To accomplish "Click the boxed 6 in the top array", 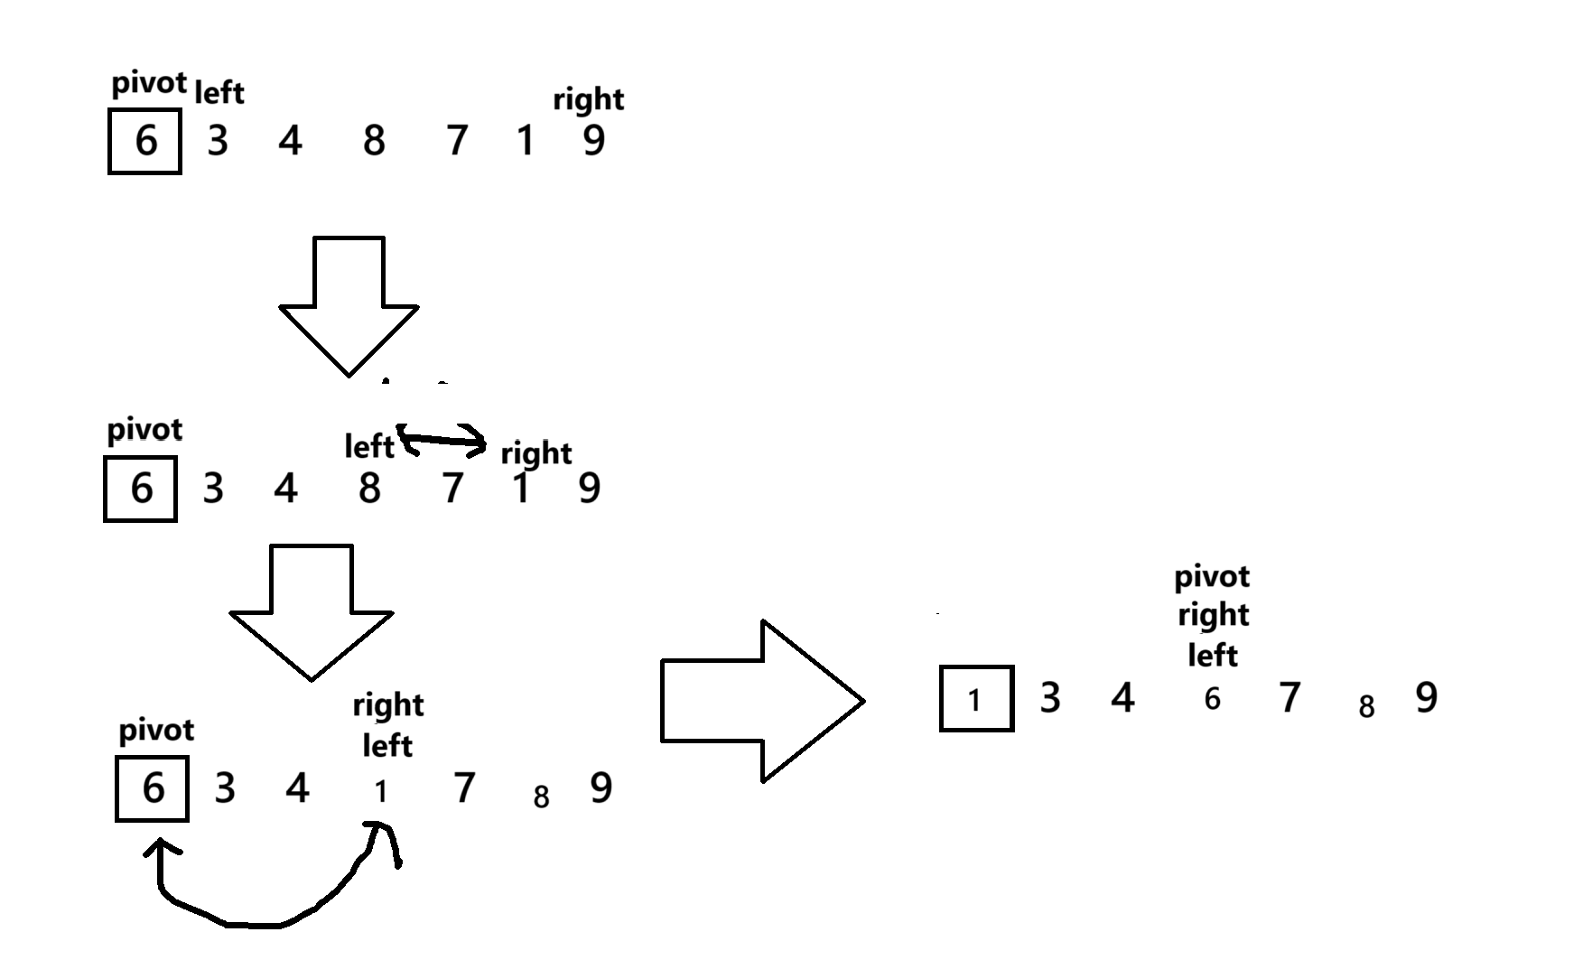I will click(x=144, y=141).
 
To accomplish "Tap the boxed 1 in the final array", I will click(x=975, y=699).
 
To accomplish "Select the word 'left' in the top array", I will click(x=219, y=92).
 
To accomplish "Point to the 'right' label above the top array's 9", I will click(x=588, y=98).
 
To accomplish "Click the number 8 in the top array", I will click(x=373, y=141).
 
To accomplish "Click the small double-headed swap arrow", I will click(x=442, y=440).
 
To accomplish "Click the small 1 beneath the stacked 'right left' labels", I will click(x=380, y=792).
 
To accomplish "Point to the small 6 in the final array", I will click(x=1212, y=699).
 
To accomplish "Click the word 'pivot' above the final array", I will click(x=1212, y=576).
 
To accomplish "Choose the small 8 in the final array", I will click(x=1366, y=706).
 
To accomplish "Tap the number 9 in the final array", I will click(x=1426, y=697).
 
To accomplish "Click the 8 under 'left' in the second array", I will click(x=368, y=489).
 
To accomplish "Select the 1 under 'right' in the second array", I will click(x=520, y=489).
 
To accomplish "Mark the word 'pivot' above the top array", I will click(x=149, y=84).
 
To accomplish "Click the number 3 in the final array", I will click(x=1049, y=697).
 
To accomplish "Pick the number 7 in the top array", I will click(x=457, y=141).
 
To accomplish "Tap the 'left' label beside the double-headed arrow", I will click(x=368, y=446).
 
